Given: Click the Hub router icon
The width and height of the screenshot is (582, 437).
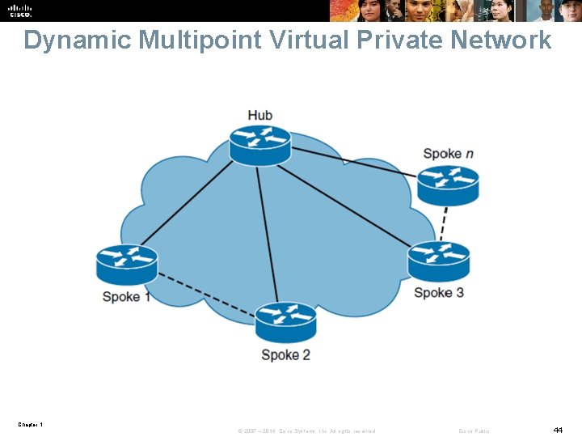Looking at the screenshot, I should pos(259,144).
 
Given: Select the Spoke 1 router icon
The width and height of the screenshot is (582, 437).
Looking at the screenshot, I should pos(126,263).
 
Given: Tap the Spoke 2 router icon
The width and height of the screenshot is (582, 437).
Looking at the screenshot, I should pos(285,320).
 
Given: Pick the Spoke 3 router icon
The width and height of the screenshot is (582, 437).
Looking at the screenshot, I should pos(438,261).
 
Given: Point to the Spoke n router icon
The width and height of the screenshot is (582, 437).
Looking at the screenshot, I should pos(448,185).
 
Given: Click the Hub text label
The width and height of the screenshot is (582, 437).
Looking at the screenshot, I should pos(259,115).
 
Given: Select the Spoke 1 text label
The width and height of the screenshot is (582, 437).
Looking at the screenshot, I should pos(126,297).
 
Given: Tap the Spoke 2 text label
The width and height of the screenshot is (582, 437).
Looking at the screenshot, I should pos(285,354).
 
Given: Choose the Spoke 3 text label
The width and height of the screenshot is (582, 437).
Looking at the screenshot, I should pos(438,292).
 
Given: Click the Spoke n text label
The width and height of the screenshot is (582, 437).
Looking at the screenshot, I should pos(448,153).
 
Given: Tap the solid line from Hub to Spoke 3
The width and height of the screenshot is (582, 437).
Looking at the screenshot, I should pos(348,202).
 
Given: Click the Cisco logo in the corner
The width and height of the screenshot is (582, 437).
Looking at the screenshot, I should pos(20,11).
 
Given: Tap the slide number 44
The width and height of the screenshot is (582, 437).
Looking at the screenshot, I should pos(558,430).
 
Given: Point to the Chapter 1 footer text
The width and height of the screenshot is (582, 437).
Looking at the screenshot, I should pos(31,424).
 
